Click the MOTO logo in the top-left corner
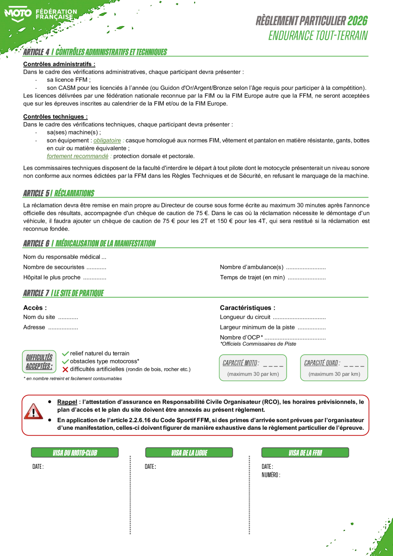coord(18,13)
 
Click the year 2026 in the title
coord(357,21)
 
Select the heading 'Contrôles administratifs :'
coord(59,64)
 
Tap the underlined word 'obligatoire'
coord(107,140)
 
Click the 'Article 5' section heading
coord(59,193)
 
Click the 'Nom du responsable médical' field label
coord(62,257)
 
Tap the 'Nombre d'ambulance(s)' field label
coord(251,267)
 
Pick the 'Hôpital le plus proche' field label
coord(52,277)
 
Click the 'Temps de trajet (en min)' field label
coord(252,277)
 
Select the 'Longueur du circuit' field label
coord(245,317)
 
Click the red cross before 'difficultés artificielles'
coord(65,369)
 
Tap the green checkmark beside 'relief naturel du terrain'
coord(65,353)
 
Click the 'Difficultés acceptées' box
coord(39,361)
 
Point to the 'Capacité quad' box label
coord(322,363)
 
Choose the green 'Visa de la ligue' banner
coord(189,452)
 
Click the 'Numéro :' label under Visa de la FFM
coord(271,475)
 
